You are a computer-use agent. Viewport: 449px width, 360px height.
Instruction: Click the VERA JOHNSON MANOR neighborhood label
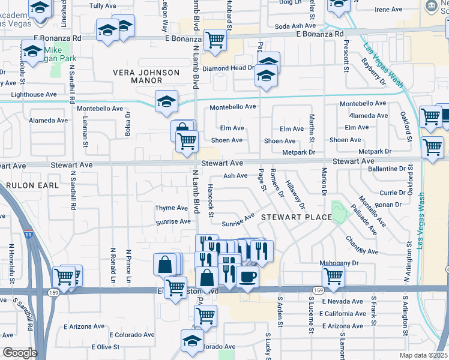[146, 76]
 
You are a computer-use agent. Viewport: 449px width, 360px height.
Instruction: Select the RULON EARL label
[30, 185]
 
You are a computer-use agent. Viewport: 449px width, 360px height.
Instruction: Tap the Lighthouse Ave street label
[35, 94]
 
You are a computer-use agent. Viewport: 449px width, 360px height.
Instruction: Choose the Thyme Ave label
[172, 208]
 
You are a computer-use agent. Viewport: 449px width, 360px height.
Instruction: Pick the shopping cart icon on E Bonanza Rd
[215, 40]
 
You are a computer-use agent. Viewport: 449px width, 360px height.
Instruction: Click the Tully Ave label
[102, 5]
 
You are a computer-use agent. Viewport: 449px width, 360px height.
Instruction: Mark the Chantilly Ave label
[361, 243]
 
